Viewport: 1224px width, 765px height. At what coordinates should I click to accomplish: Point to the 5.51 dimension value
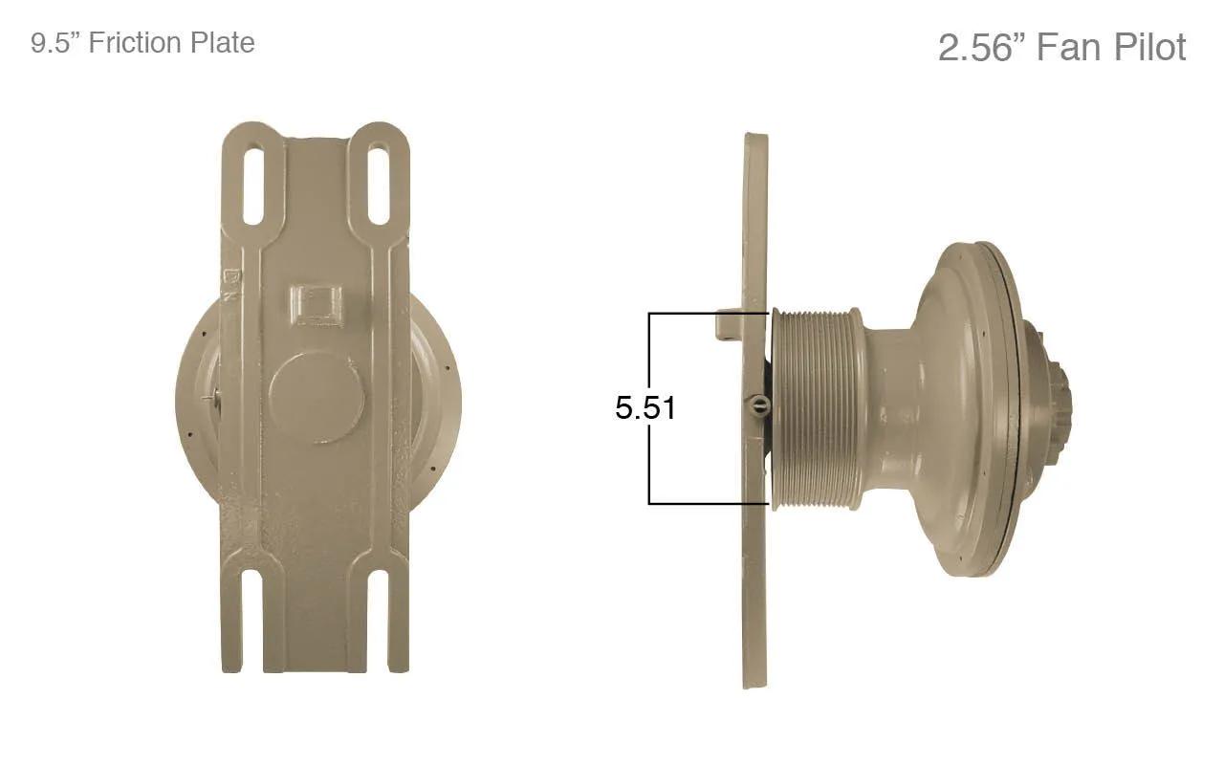(x=645, y=407)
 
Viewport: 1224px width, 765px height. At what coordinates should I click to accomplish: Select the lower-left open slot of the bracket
(x=251, y=622)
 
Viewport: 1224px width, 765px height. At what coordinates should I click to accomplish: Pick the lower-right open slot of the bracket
(x=378, y=622)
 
